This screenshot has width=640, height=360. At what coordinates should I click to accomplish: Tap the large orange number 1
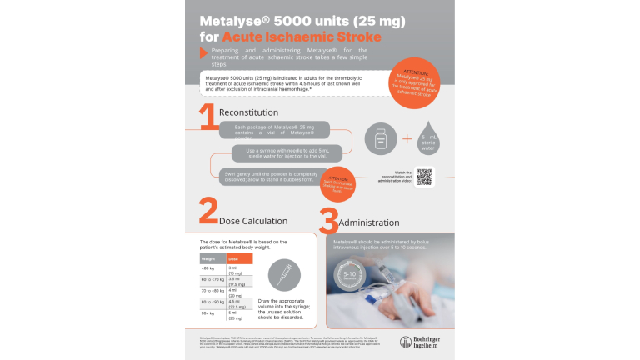207,116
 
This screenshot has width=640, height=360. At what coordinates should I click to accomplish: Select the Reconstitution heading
248,112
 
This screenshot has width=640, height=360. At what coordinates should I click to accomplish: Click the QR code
424,176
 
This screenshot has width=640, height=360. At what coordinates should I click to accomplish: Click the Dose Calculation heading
253,221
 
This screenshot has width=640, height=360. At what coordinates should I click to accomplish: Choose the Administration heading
374,222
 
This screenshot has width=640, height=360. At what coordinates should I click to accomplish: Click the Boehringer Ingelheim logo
418,342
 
